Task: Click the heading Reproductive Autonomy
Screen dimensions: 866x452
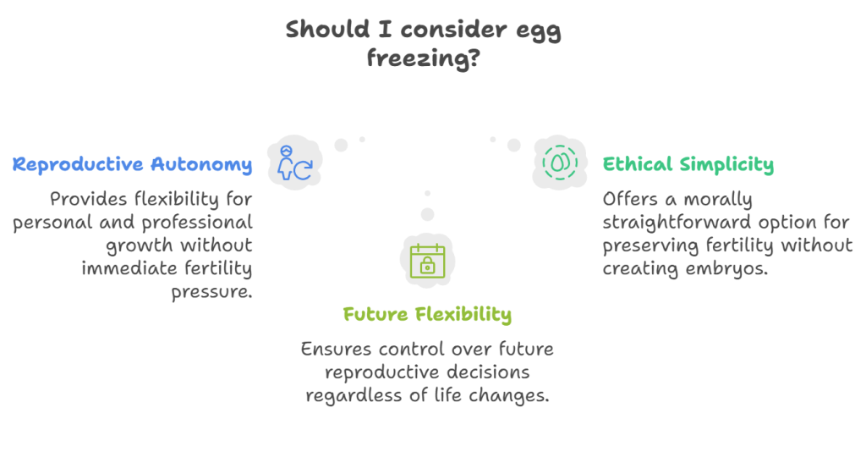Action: click(x=133, y=165)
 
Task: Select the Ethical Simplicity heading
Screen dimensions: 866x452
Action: click(x=688, y=165)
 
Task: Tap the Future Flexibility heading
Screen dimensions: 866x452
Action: click(x=427, y=314)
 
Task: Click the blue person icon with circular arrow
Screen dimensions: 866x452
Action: click(x=295, y=163)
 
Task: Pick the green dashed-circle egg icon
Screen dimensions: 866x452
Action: click(x=560, y=163)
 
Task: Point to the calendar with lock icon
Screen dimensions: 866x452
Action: click(x=427, y=260)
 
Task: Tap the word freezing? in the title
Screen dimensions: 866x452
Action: click(x=424, y=58)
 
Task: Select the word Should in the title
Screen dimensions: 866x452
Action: click(x=327, y=30)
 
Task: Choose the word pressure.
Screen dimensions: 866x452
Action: click(x=211, y=292)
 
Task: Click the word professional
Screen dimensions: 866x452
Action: click(x=197, y=223)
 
